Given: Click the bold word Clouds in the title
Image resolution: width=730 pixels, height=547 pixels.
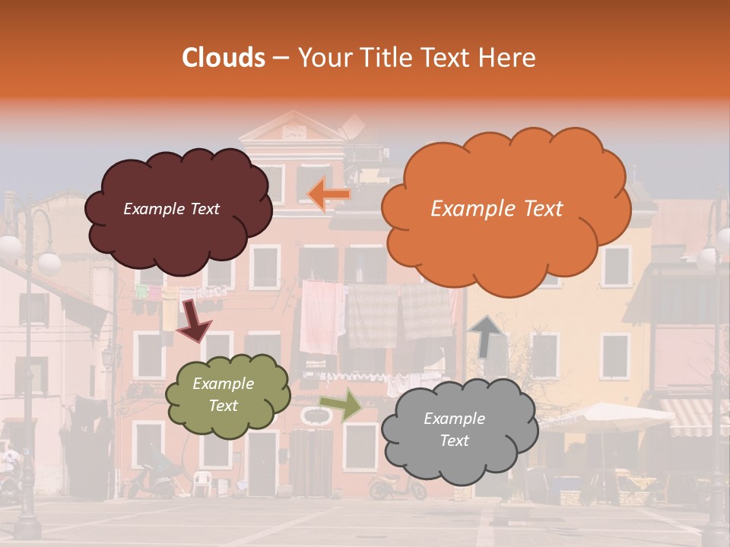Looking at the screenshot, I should click(x=224, y=58).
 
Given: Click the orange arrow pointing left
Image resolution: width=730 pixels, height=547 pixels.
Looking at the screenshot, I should click(x=329, y=194).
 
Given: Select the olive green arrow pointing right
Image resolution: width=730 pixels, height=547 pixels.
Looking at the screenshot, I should click(x=341, y=404).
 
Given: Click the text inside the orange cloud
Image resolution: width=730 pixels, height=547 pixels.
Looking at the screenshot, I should click(x=497, y=209).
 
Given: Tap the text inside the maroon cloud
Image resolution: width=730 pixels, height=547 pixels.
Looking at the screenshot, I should click(x=171, y=209).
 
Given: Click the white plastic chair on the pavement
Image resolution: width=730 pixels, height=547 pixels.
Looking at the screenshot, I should click(x=202, y=482).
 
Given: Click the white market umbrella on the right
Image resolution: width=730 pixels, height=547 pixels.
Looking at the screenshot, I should click(x=601, y=416).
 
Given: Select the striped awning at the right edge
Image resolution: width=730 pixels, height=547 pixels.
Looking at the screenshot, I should click(x=693, y=416).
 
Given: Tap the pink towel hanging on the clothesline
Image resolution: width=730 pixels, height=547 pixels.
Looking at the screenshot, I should click(x=319, y=315).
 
